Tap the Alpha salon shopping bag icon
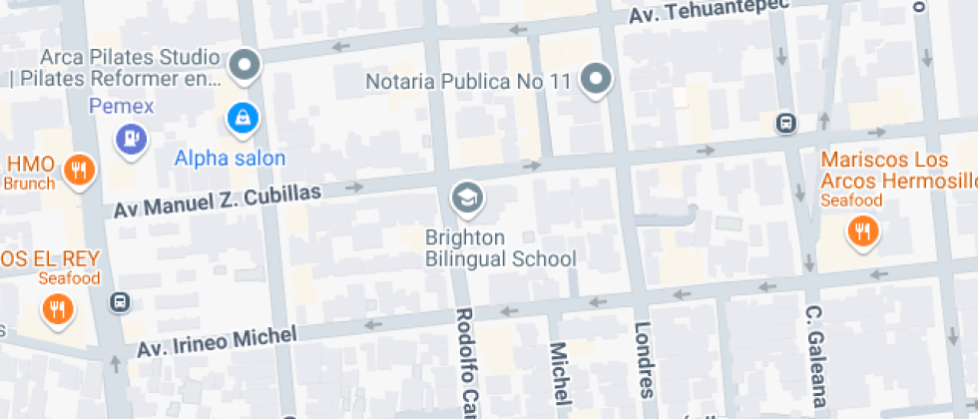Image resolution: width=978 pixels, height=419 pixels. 243,120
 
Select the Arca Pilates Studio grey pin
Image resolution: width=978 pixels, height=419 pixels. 244,67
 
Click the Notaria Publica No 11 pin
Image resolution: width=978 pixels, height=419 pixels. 596,79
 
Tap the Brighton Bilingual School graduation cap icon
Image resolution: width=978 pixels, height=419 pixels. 466,199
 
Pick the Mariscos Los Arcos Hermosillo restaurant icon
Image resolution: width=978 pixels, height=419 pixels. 860,232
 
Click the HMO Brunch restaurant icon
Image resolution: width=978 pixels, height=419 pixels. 78,171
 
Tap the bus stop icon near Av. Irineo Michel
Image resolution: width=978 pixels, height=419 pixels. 121,301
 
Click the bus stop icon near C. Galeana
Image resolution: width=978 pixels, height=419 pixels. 786,123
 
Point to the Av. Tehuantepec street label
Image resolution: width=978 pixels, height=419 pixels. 708,12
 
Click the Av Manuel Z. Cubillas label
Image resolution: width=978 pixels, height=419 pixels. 218,200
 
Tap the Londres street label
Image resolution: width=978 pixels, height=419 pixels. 644,359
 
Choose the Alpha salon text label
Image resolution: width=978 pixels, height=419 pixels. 230,158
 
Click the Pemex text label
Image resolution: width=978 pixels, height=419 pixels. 121,105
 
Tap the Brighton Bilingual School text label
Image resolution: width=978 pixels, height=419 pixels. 501,248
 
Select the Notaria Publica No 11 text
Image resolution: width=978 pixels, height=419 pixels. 468,81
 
